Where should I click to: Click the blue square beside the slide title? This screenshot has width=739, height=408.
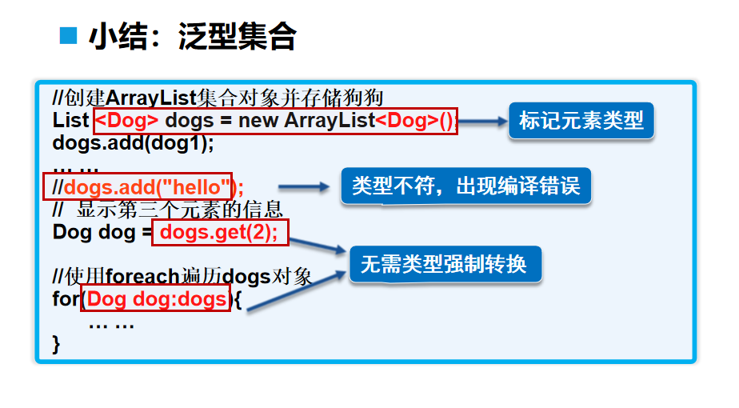click(x=70, y=35)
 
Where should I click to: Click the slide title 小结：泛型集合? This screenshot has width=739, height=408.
click(x=193, y=37)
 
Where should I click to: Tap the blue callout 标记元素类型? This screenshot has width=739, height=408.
click(x=581, y=122)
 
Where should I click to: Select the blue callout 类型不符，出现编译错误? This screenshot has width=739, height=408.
click(x=466, y=186)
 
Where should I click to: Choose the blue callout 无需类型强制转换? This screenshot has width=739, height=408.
click(x=444, y=263)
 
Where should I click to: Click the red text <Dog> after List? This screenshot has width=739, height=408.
click(x=127, y=122)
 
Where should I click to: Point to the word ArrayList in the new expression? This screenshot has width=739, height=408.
click(x=329, y=122)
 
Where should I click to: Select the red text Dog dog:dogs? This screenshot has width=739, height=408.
click(x=157, y=299)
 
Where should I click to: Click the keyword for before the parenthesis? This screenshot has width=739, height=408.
click(x=66, y=299)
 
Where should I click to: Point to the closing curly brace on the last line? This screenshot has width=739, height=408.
click(x=57, y=344)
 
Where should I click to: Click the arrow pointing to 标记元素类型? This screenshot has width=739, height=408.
click(x=483, y=122)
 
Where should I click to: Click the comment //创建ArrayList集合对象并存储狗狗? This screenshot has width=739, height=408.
click(x=218, y=98)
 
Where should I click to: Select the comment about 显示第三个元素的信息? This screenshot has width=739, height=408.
click(x=167, y=210)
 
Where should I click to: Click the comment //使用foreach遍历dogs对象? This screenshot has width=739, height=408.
click(x=182, y=277)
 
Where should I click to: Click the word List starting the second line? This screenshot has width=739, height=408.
click(x=70, y=122)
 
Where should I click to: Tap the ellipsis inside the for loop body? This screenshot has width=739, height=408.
click(x=111, y=324)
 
